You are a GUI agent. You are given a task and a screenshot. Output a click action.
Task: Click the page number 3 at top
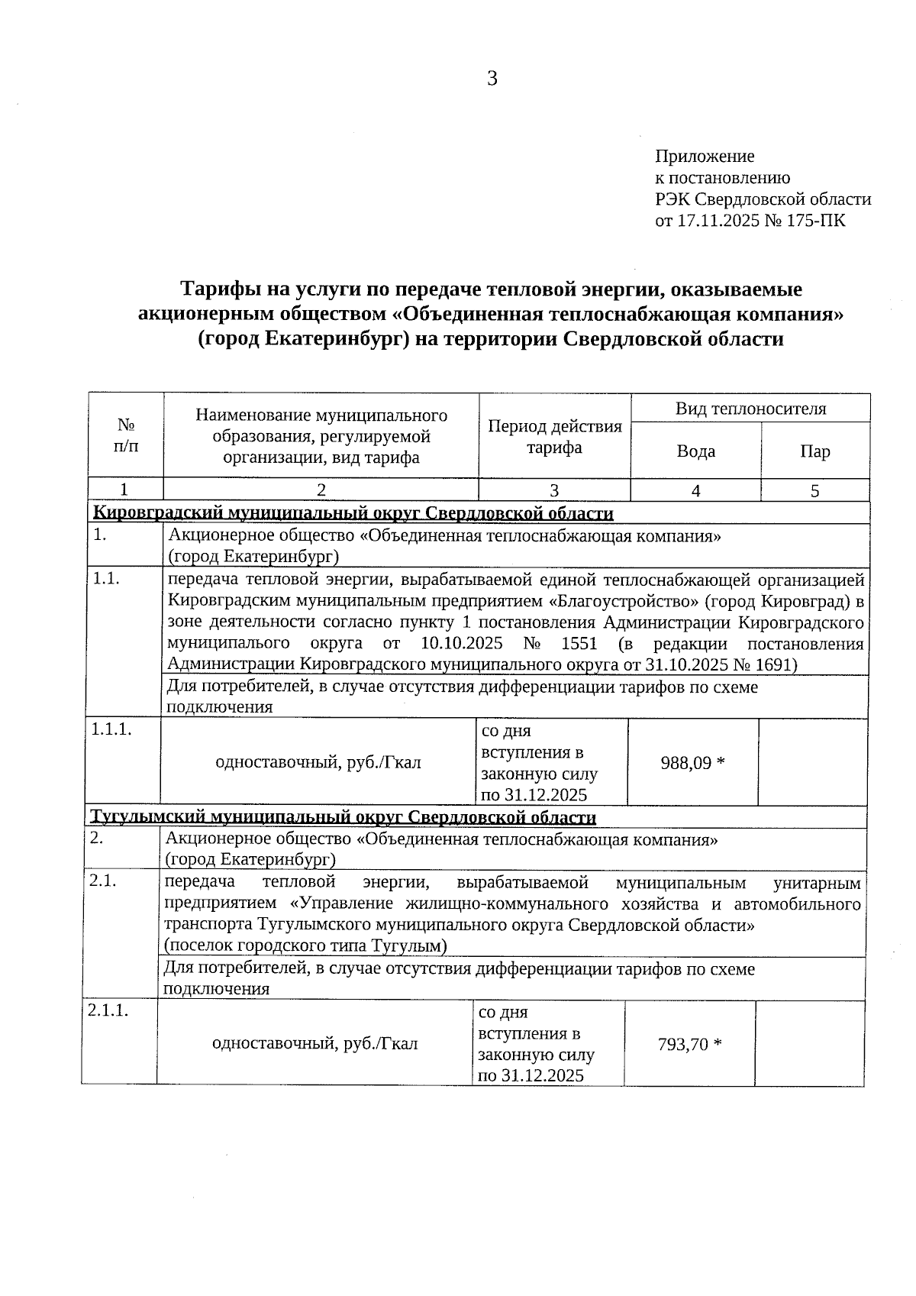(x=492, y=79)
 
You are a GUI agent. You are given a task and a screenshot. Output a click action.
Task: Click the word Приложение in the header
(x=705, y=157)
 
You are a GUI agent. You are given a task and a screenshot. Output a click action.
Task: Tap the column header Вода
(x=695, y=451)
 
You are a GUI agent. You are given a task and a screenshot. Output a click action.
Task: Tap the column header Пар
(x=814, y=451)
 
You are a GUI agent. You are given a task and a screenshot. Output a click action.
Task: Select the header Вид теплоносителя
(x=750, y=409)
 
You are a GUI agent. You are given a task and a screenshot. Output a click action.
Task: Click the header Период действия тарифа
(x=554, y=437)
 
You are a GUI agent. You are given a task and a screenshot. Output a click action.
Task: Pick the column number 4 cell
(x=695, y=491)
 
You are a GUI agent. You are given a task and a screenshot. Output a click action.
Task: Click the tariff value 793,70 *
(x=689, y=1044)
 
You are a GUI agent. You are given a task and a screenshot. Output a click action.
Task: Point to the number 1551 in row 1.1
(x=579, y=643)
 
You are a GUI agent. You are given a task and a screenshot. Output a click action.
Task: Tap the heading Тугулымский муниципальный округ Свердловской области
(x=343, y=818)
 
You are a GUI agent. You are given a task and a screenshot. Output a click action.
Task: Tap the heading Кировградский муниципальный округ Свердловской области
(x=353, y=513)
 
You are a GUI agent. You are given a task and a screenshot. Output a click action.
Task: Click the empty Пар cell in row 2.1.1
(x=809, y=1043)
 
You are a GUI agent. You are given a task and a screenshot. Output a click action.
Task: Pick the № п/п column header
(x=126, y=435)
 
